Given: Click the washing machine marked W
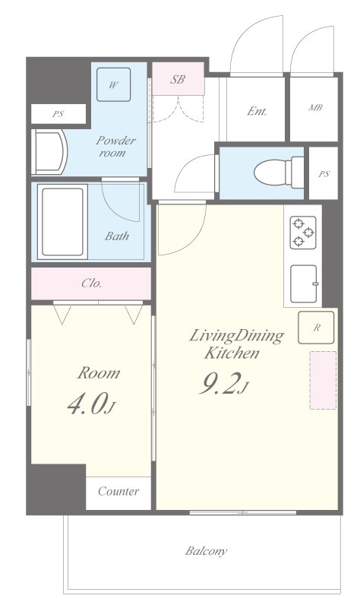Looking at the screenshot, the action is pos(113,84).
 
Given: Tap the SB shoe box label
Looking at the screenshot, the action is pos(178,79).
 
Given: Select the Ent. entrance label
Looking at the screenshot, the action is pos(257,112).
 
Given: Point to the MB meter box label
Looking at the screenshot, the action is pos(315,107).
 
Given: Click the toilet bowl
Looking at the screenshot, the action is pos(279,173).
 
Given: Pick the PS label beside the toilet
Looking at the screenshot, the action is pos(324,174).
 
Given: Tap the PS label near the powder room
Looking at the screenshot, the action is pos(58,115).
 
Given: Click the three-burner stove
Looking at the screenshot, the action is pos(303,233).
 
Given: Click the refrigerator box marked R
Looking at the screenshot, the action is pos(316,328).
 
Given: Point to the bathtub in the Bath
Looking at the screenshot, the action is pos(62,222).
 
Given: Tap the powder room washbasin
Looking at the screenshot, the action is pos(50,152).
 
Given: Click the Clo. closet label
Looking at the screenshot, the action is pos(91,283).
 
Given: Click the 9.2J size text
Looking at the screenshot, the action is pos(223,384).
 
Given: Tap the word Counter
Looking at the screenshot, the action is pos(118,491).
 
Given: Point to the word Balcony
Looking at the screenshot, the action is pos(206,551).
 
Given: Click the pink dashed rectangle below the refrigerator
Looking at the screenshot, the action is pos(323,380).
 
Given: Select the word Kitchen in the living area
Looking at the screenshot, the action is pos(232,353).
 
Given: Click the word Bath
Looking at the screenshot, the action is pos(117,236).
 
